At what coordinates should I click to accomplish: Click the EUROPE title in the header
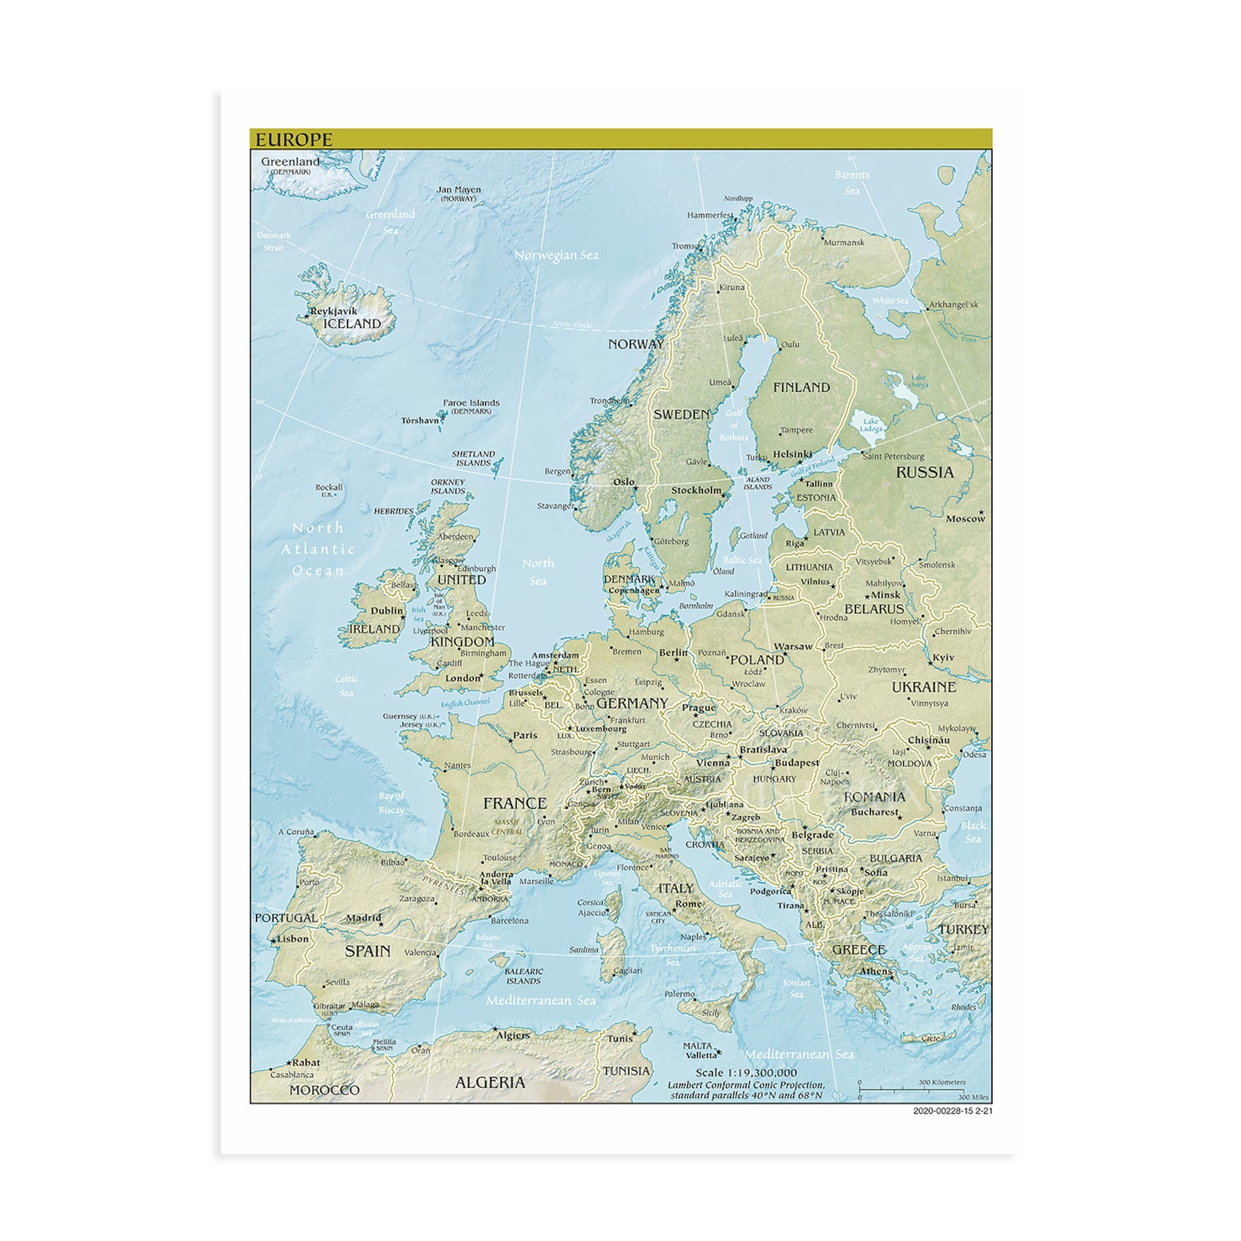[x=294, y=140]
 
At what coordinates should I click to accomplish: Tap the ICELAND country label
[x=352, y=324]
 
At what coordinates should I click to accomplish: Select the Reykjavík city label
[x=334, y=311]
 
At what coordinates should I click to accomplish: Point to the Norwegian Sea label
[x=556, y=256]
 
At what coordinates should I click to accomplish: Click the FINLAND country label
[x=801, y=387]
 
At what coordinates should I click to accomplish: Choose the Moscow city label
[x=965, y=518]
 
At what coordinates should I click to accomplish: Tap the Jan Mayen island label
[x=459, y=190]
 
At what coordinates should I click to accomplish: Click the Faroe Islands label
[x=471, y=403]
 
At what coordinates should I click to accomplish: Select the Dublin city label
[x=387, y=610]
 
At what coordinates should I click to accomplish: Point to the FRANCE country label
[x=515, y=803]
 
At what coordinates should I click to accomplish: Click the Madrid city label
[x=363, y=918]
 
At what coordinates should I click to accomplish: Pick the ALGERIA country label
[x=490, y=1082]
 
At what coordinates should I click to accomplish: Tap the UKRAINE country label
[x=924, y=687]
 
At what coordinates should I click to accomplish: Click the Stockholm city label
[x=696, y=491]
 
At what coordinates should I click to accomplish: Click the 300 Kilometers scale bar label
[x=942, y=1082]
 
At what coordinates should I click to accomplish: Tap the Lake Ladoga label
[x=871, y=425]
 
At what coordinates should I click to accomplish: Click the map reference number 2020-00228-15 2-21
[x=952, y=1110]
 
